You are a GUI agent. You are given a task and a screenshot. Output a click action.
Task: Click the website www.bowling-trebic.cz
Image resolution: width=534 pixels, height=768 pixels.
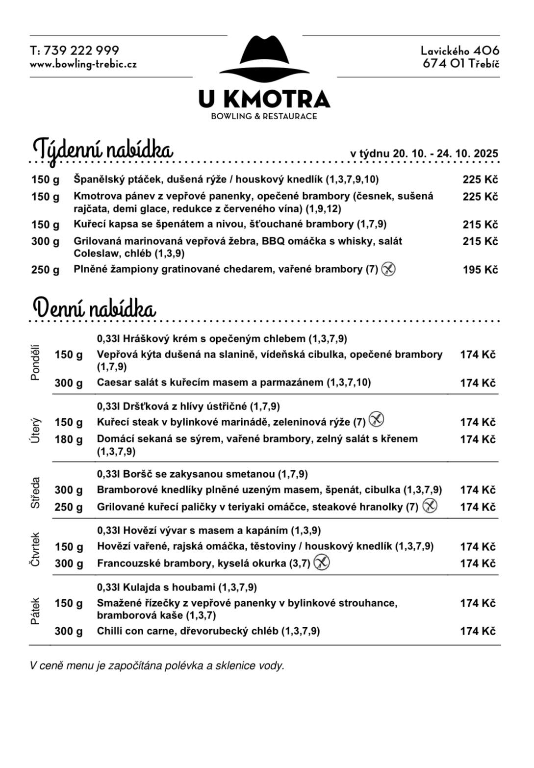pos(83,64)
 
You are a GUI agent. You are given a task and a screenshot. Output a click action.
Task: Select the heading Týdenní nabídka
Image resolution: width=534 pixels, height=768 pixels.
pos(103,149)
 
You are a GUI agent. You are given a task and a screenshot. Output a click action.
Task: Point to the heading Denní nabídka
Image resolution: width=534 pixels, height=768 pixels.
pos(94,308)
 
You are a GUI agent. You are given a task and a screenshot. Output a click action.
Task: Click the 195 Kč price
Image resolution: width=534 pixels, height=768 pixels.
pos(480,270)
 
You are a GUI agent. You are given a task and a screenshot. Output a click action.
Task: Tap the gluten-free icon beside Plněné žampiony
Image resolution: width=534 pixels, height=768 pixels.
pos(388,269)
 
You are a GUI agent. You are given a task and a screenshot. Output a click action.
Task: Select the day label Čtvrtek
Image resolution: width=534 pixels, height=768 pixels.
pos(35,549)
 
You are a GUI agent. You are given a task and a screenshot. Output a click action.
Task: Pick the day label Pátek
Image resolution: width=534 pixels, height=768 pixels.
pos(35,611)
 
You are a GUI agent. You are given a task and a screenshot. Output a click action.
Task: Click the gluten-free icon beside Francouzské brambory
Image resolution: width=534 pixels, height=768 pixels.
pos(321,562)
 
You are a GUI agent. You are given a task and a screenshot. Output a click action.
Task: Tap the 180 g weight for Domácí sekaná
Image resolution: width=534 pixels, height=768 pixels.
pos(69,439)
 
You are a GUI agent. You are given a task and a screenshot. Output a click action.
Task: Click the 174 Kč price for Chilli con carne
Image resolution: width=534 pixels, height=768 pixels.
pos(478,631)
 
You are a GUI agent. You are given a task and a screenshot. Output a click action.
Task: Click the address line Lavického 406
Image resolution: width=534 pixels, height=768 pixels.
pos(460,51)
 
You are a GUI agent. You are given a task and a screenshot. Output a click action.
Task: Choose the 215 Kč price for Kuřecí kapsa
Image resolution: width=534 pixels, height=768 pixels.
pos(480,225)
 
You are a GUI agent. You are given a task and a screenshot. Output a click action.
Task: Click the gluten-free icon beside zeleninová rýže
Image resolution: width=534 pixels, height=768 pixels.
pos(376,420)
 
